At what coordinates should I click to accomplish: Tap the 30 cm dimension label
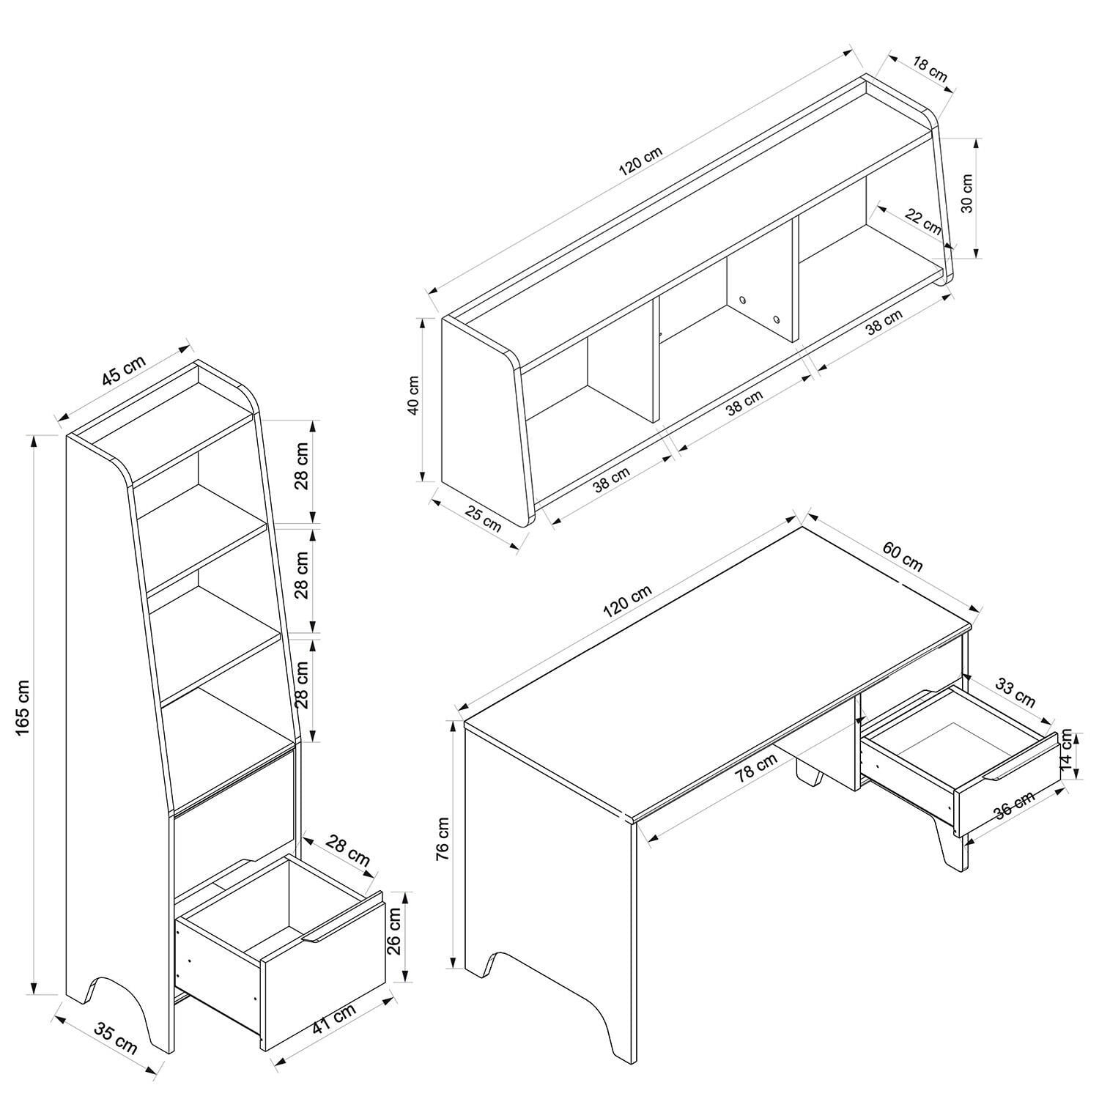click(966, 193)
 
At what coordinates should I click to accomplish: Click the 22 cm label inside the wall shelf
click(923, 221)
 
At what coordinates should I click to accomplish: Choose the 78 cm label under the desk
click(757, 769)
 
